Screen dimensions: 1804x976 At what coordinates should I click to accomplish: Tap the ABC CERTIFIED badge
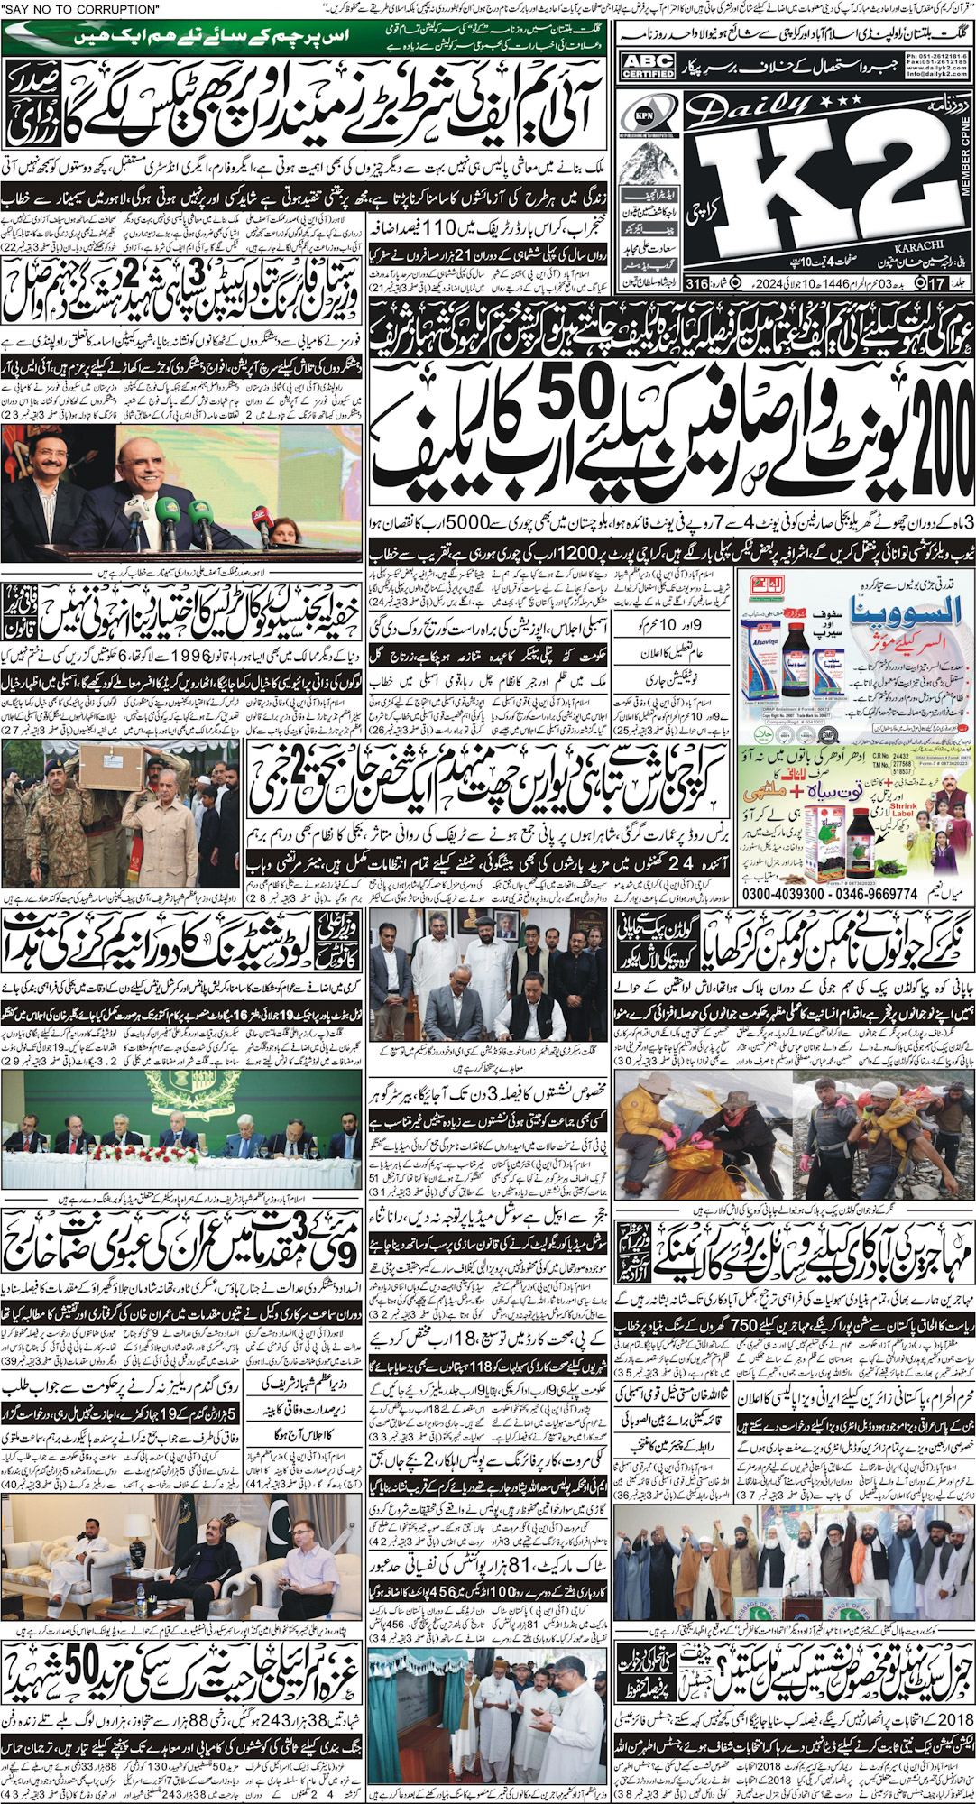pyautogui.click(x=649, y=66)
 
